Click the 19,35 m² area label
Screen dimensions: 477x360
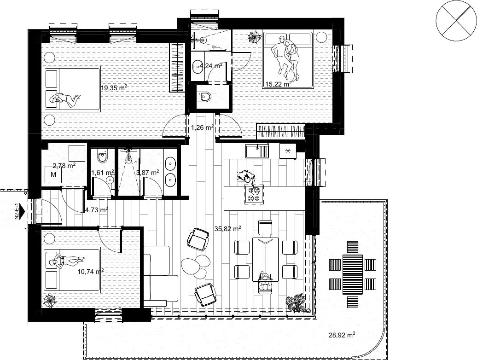pyautogui.click(x=114, y=88)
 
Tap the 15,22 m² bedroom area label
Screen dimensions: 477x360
pyautogui.click(x=279, y=84)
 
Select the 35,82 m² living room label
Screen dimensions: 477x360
pyautogui.click(x=227, y=229)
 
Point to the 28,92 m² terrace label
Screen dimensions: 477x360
pyautogui.click(x=342, y=335)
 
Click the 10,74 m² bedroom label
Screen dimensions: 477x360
pyautogui.click(x=91, y=271)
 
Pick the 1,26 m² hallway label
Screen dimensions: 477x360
pyautogui.click(x=202, y=128)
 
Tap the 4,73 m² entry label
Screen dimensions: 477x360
pyautogui.click(x=96, y=210)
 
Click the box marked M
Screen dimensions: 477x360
pyautogui.click(x=53, y=174)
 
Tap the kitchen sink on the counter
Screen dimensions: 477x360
pyautogui.click(x=257, y=151)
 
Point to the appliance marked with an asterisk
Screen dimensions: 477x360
pyautogui.click(x=287, y=151)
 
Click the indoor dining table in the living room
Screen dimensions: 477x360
pyautogui.click(x=266, y=259)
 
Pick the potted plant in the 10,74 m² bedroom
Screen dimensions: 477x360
pyautogui.click(x=49, y=301)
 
